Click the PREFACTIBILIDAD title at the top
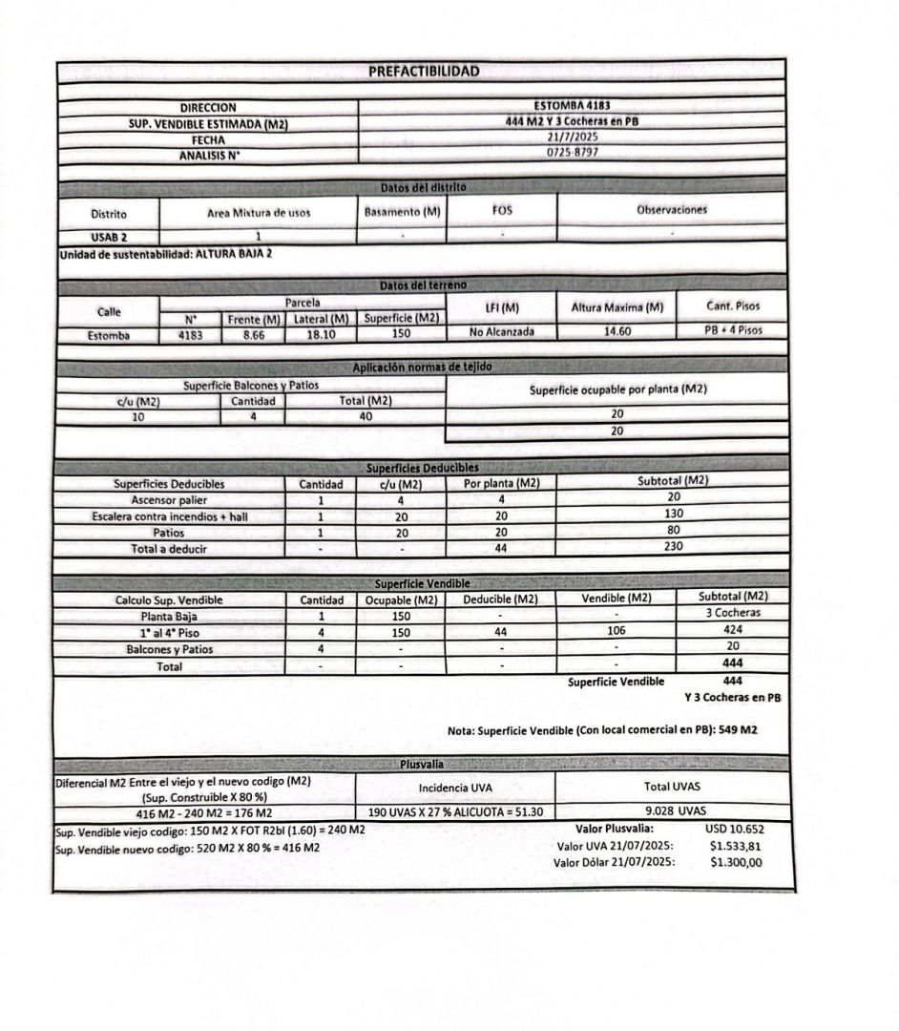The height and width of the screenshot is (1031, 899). tap(424, 72)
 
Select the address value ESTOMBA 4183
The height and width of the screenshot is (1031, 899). tap(573, 106)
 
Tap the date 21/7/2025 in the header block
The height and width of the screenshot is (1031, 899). tap(573, 137)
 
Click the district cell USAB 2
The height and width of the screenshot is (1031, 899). tap(108, 236)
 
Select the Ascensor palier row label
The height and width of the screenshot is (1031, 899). tap(168, 500)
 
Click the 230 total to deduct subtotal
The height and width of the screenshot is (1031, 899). tap(672, 548)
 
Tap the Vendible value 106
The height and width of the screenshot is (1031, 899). tap(616, 631)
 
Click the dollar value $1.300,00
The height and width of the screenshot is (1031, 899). tap(737, 862)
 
